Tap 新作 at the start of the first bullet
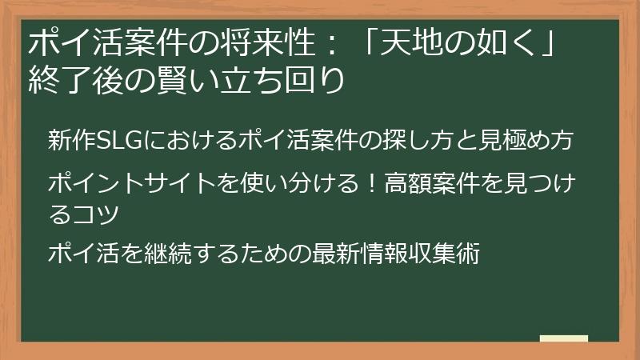(70, 139)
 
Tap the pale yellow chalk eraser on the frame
(563, 339)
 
